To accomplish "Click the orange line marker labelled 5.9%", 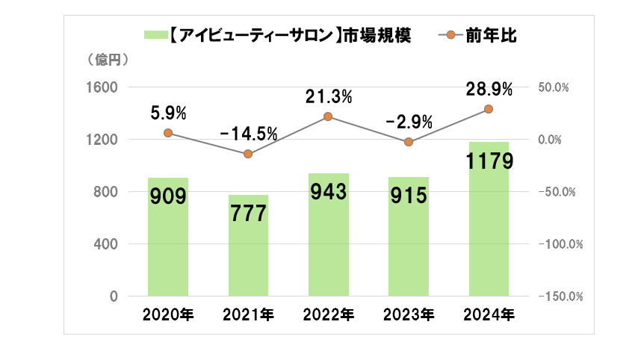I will tap(168, 133).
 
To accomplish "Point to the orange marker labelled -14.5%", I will tap(248, 154).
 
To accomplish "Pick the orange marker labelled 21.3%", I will tap(328, 117).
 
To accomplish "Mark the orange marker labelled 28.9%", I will tap(488, 109).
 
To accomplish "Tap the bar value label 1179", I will tap(488, 161).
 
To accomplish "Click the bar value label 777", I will tap(248, 214).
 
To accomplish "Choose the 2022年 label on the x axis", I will tap(328, 314).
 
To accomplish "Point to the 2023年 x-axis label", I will tap(408, 314).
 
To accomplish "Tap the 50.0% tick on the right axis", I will tap(554, 87).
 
